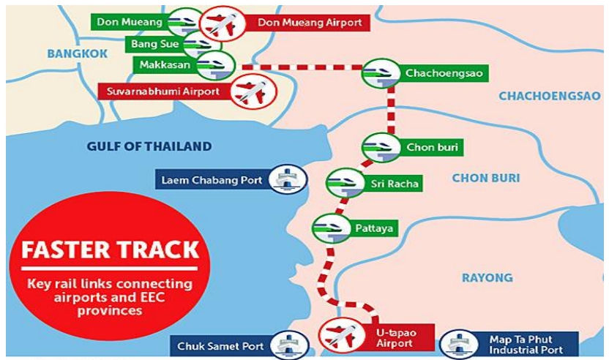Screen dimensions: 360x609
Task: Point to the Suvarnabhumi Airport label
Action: [x=162, y=93]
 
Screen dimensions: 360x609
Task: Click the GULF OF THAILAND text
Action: [x=149, y=146]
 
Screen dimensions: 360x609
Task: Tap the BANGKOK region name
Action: [x=77, y=53]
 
